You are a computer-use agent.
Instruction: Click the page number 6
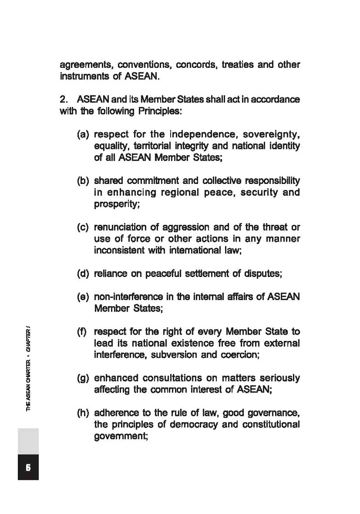pos(28,467)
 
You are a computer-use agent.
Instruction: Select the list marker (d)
pos(84,272)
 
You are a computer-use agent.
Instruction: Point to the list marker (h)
pos(84,412)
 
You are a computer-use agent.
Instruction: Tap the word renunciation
pos(121,227)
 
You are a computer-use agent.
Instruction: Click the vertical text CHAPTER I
pos(28,337)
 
